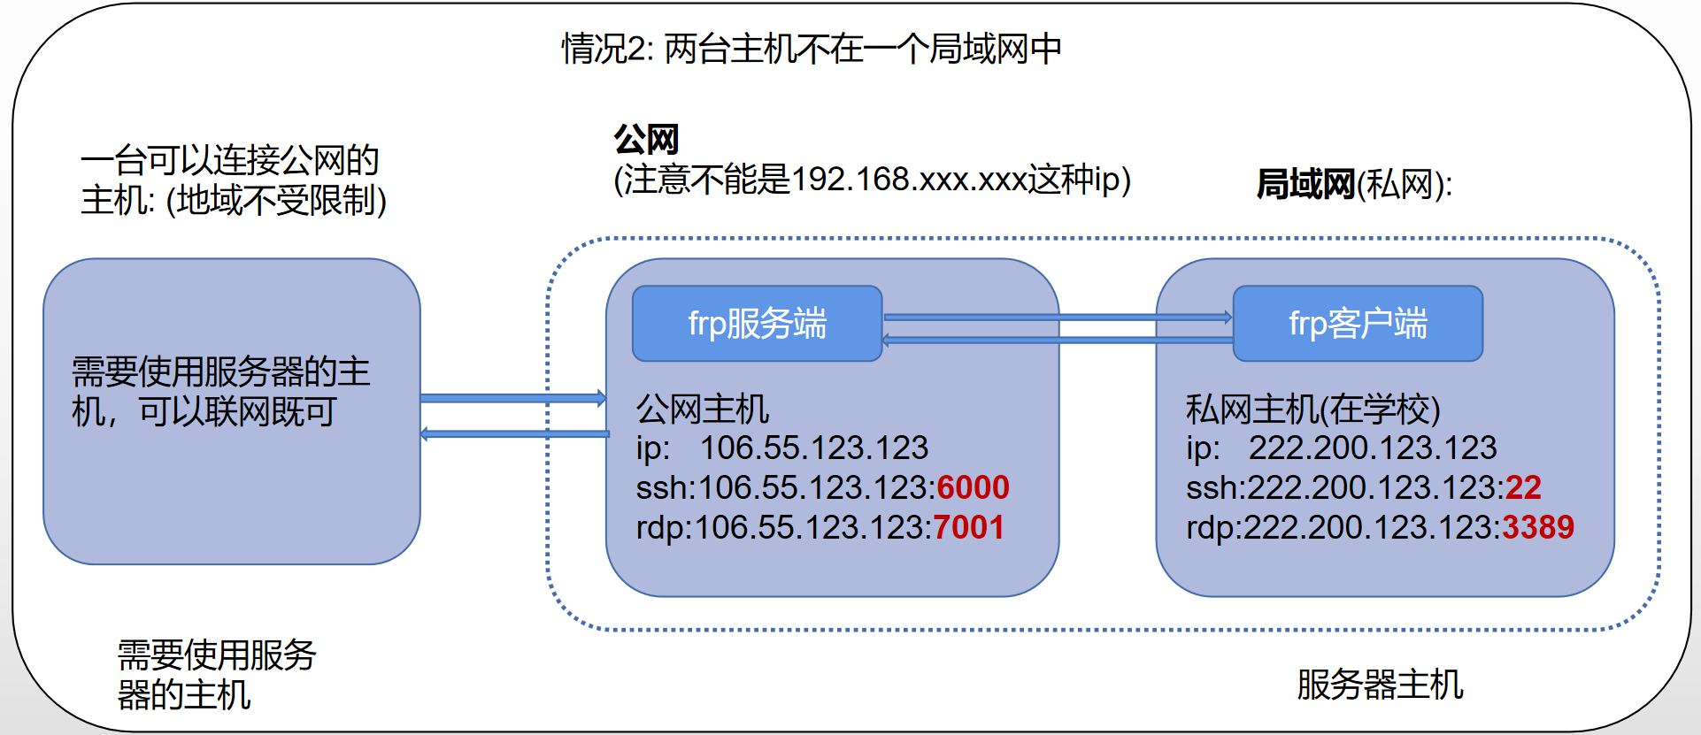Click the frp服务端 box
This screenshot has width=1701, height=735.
coord(757,324)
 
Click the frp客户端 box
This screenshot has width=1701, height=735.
coord(1357,324)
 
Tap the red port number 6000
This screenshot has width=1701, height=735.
coord(973,487)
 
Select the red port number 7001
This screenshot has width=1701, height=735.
coord(968,527)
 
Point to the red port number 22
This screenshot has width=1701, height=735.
coord(1523,487)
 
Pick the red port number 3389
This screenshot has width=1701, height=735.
coord(1538,527)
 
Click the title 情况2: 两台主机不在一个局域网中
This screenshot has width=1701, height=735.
coord(811,49)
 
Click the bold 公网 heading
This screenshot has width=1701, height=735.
coord(646,139)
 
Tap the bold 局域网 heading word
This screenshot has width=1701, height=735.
coord(1305,184)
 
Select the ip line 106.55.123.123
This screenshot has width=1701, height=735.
coord(781,448)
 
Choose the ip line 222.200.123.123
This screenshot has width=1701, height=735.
coord(1341,448)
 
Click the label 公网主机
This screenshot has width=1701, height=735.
coord(703,409)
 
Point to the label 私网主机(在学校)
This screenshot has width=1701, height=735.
coord(1312,409)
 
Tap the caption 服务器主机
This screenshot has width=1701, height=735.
coord(1380,685)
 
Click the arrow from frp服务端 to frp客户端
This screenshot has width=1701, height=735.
coord(1058,317)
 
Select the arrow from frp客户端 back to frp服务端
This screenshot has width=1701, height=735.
coord(1058,340)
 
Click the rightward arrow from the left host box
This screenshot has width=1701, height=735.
coord(513,398)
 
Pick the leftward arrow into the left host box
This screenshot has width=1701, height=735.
coord(513,433)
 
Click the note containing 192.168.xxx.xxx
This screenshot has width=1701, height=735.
coord(872,180)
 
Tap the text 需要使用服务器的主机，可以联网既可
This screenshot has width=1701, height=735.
coord(220,392)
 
